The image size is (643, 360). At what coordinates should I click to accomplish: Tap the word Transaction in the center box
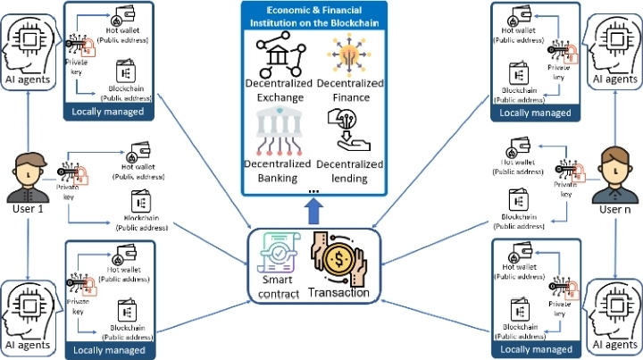[x=339, y=291]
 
